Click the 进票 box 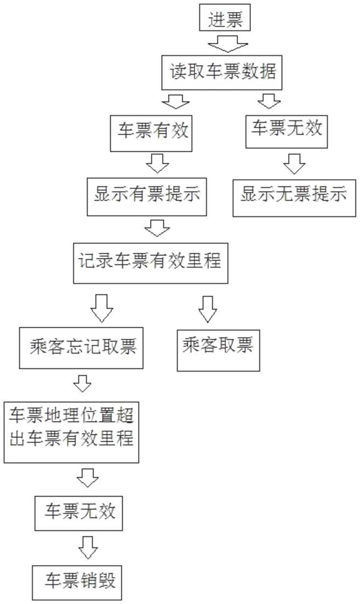225,18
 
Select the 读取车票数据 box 222,73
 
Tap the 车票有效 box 151,133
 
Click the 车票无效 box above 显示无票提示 287,132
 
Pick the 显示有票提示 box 147,196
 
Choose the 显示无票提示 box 294,198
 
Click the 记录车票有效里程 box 151,263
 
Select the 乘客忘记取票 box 81,348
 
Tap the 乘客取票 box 218,350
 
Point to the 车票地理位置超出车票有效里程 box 71,432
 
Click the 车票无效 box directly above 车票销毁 78,514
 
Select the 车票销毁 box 77,583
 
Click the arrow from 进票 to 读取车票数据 228,43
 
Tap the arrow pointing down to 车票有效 175,100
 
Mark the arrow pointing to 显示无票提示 295,164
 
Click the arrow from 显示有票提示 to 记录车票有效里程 157,229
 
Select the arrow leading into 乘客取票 208,309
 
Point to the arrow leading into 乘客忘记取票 102,308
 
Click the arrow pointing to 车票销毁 88,548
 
